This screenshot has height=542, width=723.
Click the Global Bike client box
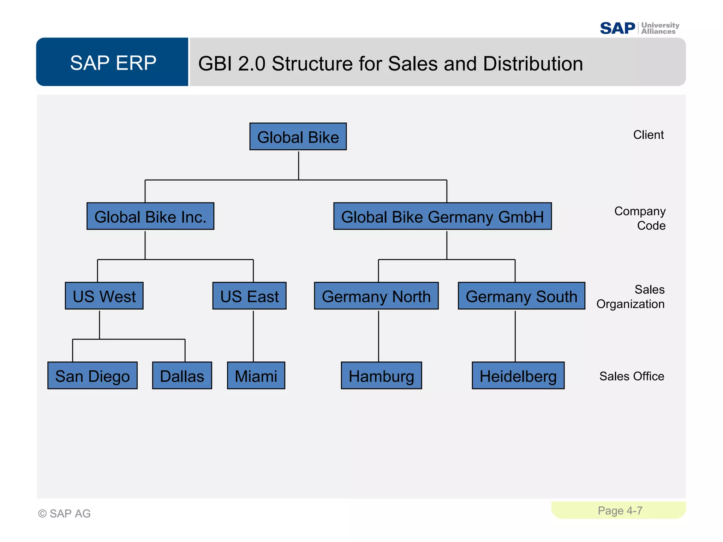pos(298,137)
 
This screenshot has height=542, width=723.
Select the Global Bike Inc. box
pos(150,216)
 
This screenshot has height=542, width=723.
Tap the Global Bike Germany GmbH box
pos(442,216)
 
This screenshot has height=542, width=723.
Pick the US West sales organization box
pos(104,296)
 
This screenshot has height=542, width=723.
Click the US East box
pos(249,296)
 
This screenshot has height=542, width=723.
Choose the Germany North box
pos(376,296)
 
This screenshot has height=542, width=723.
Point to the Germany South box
pos(521,296)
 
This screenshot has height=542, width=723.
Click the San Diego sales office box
pos(92,375)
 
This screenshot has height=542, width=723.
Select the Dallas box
pos(182,375)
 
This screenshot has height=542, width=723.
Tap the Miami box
pos(256,375)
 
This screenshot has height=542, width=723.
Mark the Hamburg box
pos(381,375)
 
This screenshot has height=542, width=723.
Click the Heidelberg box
pos(518,375)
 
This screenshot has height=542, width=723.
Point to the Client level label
pos(648,135)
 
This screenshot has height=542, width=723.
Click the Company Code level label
pos(640,218)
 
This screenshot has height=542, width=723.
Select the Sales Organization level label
pos(631,297)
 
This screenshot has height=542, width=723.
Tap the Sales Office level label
pos(632,376)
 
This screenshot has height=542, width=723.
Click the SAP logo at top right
pos(617,28)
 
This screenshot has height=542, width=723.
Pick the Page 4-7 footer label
pos(620,511)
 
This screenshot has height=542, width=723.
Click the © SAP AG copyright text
pos(64,513)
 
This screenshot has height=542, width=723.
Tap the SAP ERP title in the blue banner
pos(113,63)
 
